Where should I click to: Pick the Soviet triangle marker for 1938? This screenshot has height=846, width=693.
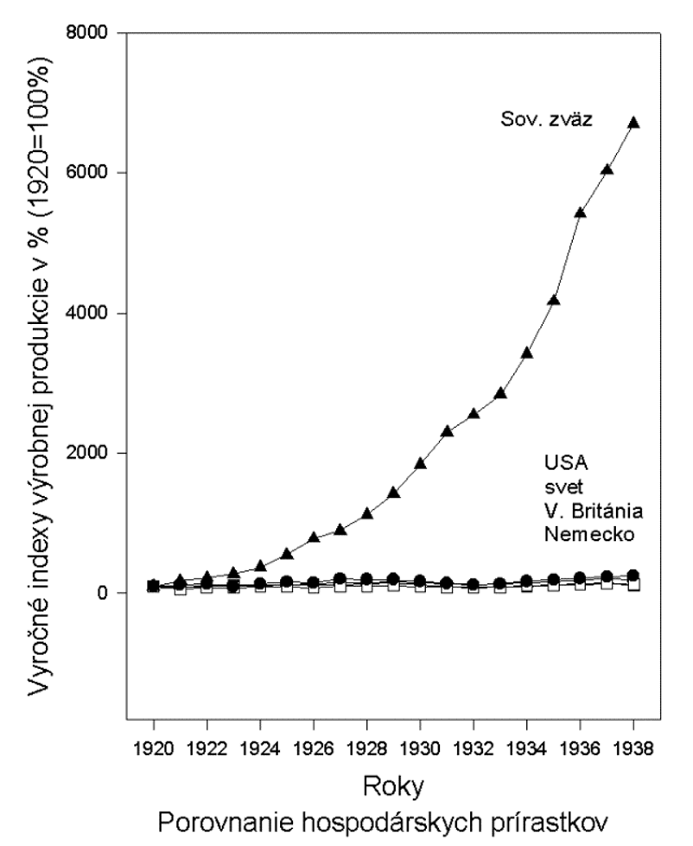coord(633,123)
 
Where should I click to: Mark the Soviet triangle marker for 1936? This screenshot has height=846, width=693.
coord(580,213)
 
